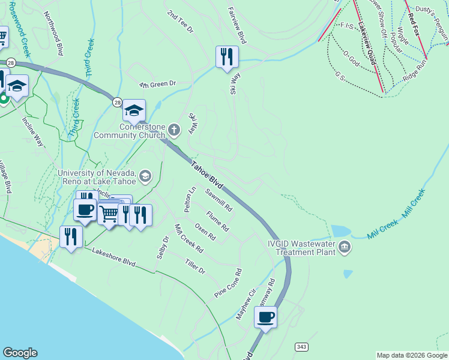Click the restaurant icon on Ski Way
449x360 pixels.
click(227, 57)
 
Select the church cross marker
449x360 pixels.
click(174, 130)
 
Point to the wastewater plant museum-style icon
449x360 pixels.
click(345, 247)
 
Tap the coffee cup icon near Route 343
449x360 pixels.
click(265, 317)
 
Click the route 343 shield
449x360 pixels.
click(301, 347)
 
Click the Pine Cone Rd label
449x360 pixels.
click(228, 283)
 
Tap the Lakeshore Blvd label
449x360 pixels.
click(114, 256)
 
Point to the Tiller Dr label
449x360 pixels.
click(195, 267)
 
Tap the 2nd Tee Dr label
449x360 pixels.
click(181, 21)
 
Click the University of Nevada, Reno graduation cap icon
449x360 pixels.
click(145, 176)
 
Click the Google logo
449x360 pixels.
click(20, 353)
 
